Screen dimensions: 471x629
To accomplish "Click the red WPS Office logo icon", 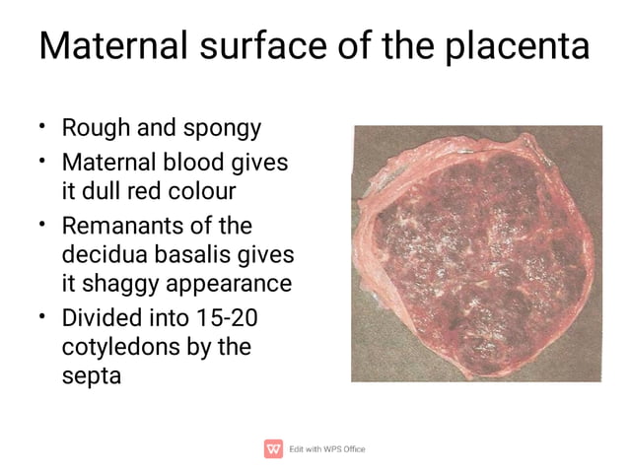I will [273, 448].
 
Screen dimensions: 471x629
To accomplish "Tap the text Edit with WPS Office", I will [326, 449].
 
